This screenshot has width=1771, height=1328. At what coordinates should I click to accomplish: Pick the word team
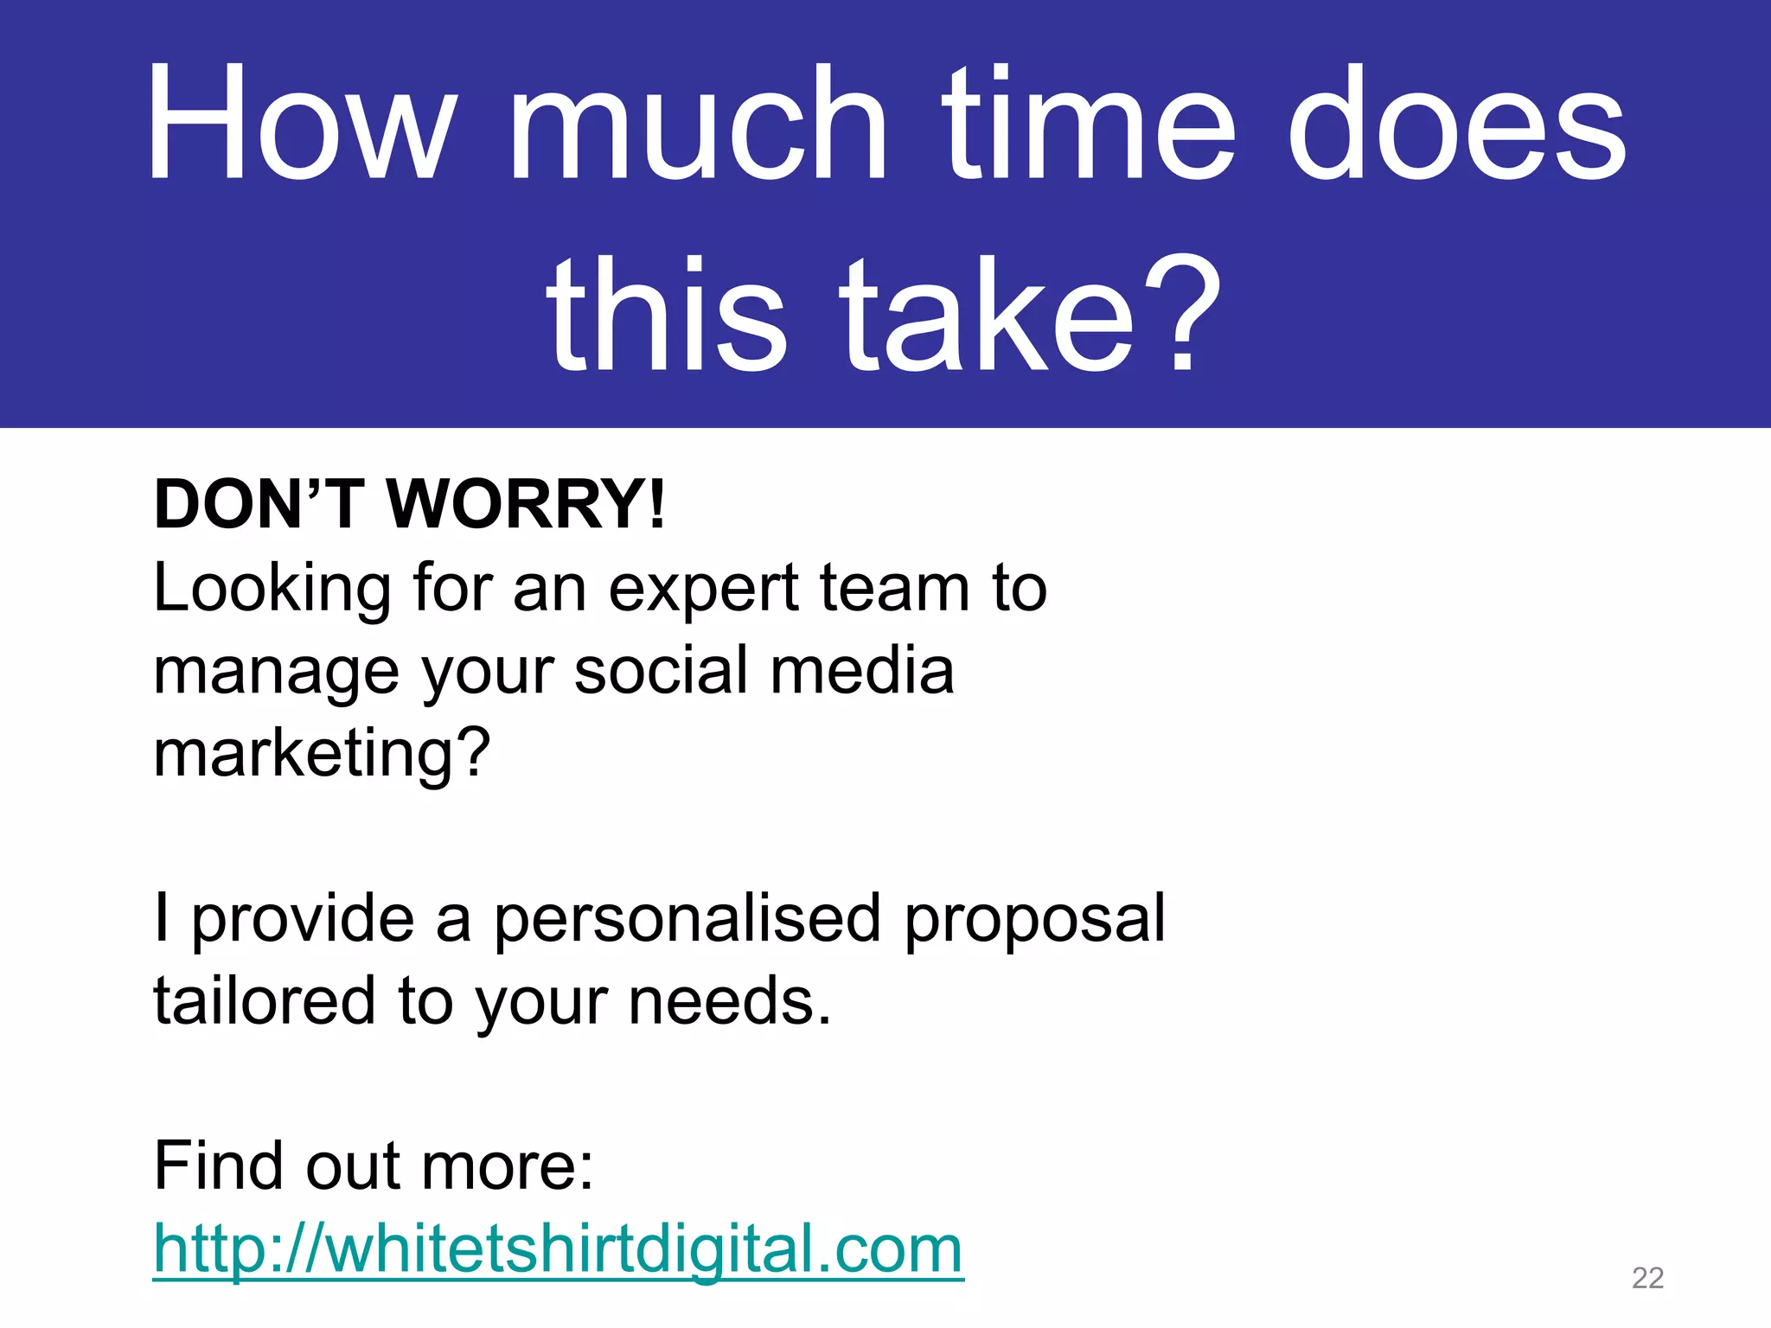(895, 588)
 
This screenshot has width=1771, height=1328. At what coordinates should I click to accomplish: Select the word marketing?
(322, 754)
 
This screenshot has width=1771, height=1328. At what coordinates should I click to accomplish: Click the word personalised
(687, 919)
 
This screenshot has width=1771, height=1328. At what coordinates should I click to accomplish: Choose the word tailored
(264, 1001)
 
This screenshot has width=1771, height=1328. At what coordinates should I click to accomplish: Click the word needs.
(730, 1001)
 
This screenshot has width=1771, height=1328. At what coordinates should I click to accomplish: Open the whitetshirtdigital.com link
(558, 1249)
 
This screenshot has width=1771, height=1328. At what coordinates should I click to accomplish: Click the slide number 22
(1647, 1278)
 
